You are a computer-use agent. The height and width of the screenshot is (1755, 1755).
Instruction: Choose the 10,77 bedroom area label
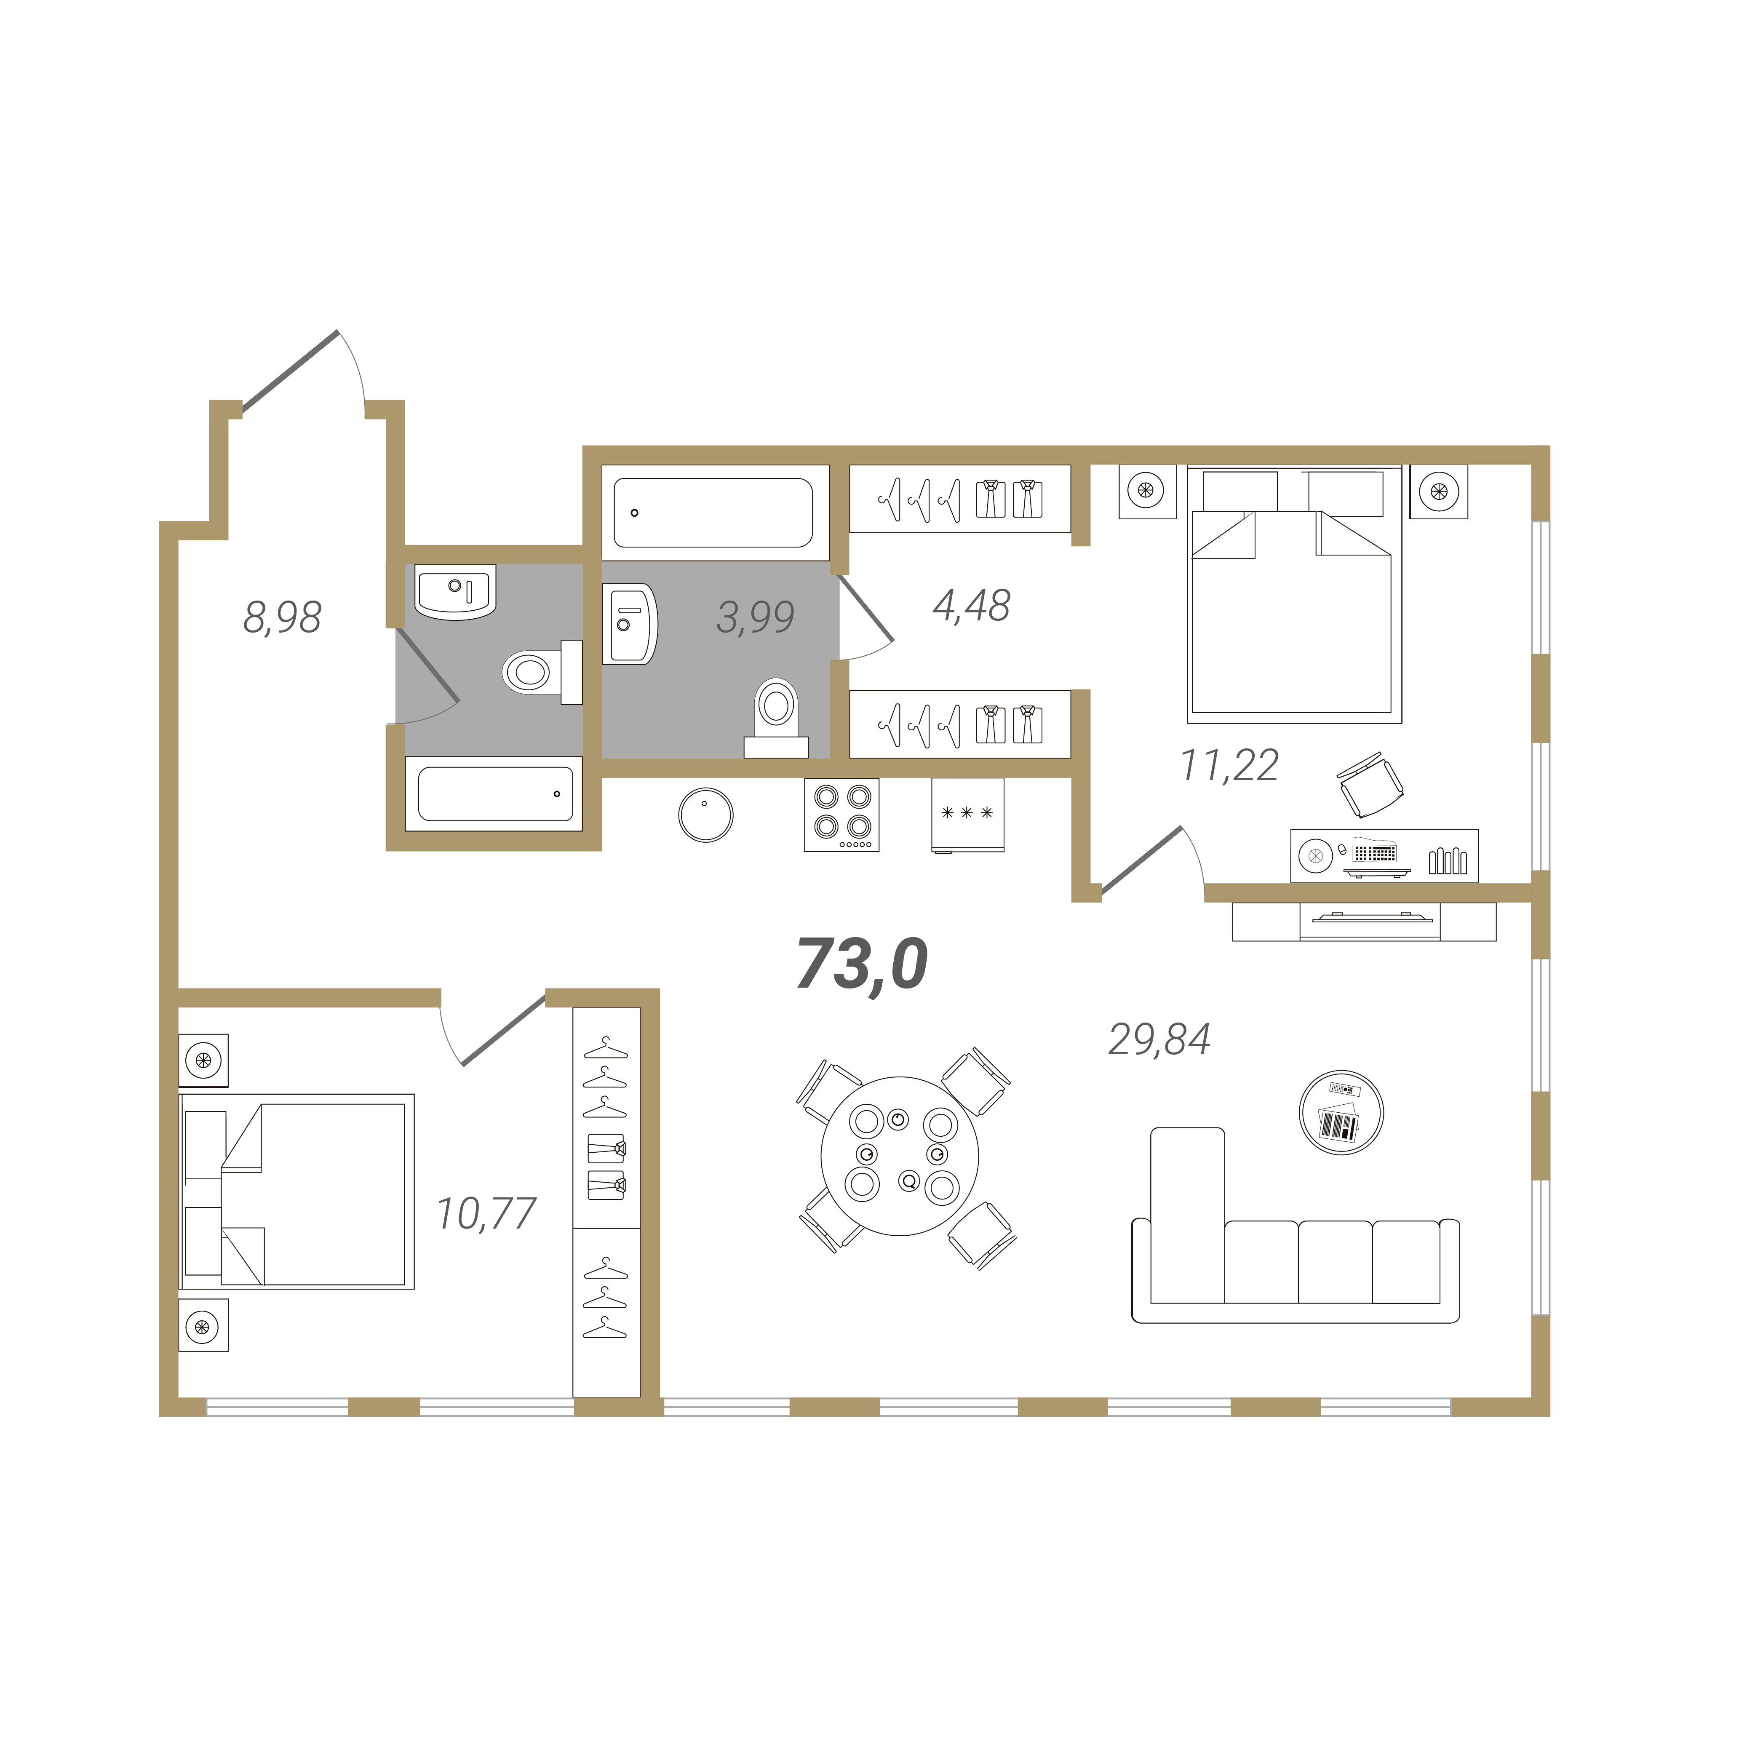coord(486,1214)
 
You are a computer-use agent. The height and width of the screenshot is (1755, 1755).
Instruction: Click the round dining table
coord(899,1157)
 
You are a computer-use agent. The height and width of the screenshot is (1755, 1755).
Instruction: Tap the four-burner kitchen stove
coord(841,815)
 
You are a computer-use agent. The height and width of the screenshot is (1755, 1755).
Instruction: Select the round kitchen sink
coord(706,815)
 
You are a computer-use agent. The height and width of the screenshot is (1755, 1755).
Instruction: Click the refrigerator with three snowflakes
coord(967,815)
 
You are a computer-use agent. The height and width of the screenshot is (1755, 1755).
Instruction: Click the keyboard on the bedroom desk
coord(1374,853)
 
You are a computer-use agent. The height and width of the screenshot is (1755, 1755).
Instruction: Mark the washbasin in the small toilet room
coord(455,591)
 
